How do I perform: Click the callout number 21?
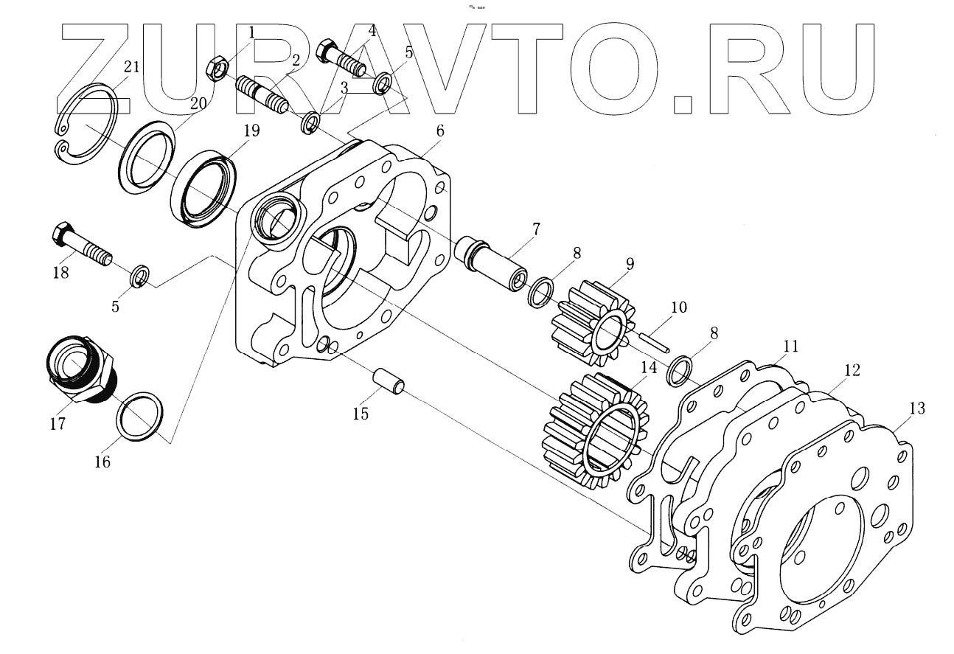coord(131,67)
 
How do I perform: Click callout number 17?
coord(58,424)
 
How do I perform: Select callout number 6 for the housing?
coord(439,131)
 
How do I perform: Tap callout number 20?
coord(198,105)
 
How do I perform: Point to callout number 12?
coord(852,371)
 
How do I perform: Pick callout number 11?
coord(790,346)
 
